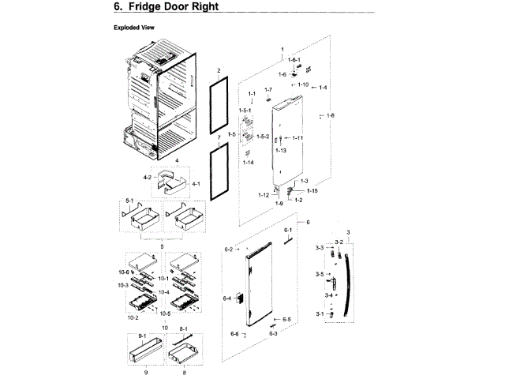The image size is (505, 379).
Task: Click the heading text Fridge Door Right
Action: tap(167, 7)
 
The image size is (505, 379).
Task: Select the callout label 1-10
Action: tap(304, 84)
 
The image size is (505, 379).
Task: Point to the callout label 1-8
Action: tap(330, 116)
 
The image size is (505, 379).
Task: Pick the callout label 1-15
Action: tap(312, 190)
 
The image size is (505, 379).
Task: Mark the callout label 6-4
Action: tap(226, 298)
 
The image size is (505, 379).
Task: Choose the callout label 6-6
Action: tap(234, 334)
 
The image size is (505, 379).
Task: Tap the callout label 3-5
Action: tap(319, 274)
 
